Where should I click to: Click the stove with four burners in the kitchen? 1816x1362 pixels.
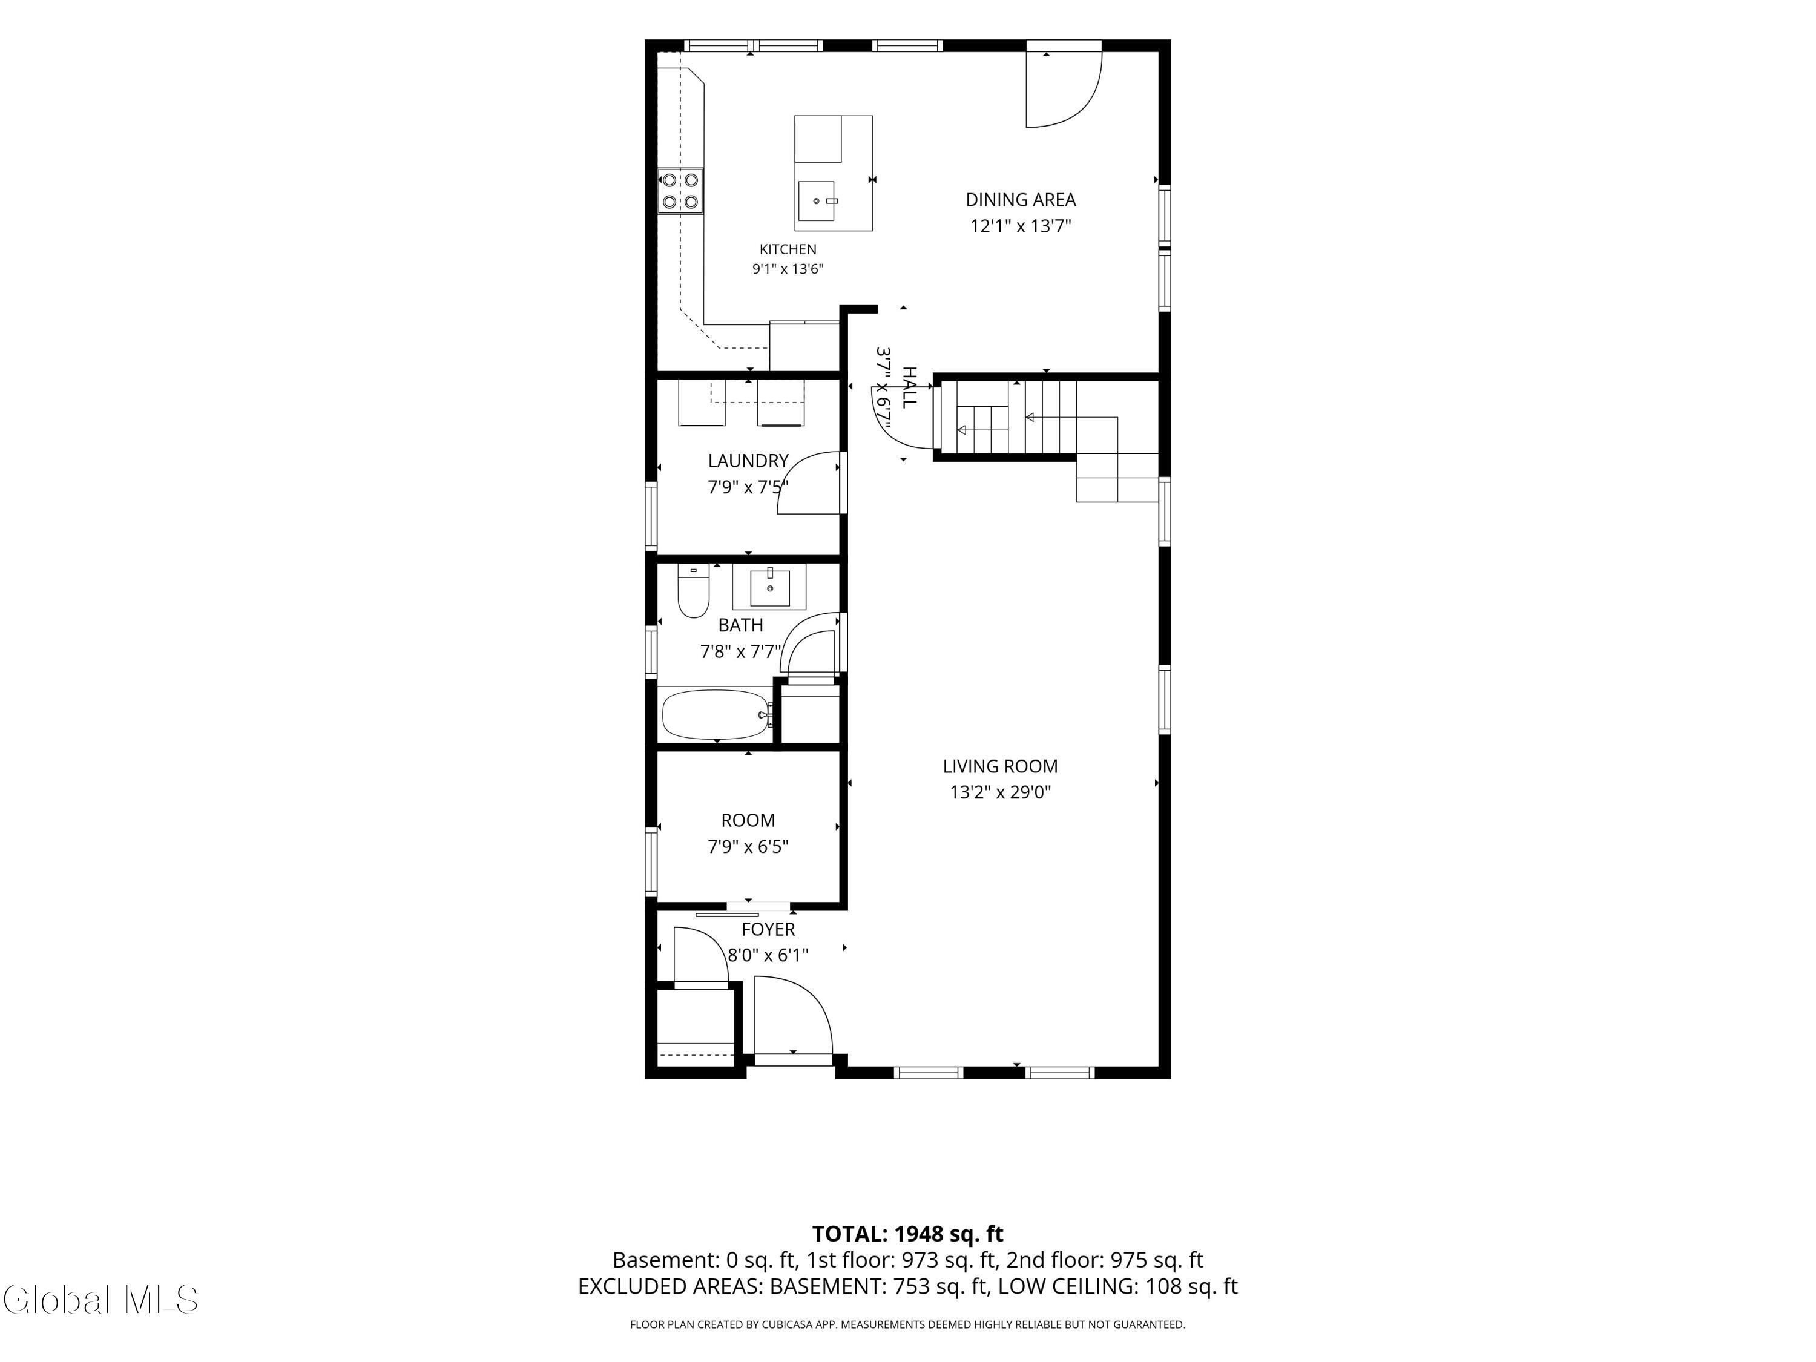[680, 191]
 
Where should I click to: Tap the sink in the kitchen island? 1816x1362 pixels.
[816, 201]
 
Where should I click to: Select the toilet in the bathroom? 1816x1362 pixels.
[693, 591]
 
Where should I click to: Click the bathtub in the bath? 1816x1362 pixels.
[717, 714]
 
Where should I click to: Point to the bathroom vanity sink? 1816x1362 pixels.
[770, 587]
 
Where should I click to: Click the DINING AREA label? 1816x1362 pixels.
[1021, 200]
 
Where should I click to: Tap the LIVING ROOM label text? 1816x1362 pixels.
[1000, 766]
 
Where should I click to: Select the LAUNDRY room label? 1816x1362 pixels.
[748, 461]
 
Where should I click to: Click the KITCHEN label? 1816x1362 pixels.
[788, 249]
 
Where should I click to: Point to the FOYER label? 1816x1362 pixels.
[768, 929]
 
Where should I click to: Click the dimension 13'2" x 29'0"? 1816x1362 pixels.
[1000, 792]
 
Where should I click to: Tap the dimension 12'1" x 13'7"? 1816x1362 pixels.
[1021, 226]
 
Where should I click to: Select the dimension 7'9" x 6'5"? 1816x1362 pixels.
[748, 846]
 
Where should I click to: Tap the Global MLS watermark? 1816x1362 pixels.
[100, 1300]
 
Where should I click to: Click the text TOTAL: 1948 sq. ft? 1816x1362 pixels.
[907, 1234]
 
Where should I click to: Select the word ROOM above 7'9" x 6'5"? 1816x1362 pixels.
[748, 820]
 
